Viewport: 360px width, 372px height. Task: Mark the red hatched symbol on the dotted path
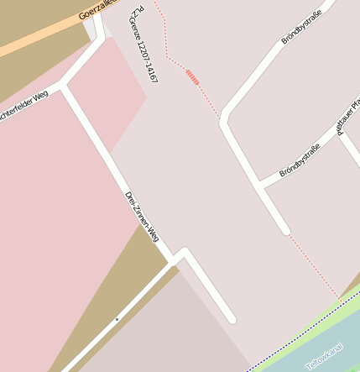tap(193, 78)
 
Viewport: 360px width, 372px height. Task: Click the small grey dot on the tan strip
tap(117, 320)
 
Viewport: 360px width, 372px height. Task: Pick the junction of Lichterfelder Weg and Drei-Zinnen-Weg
tap(65, 86)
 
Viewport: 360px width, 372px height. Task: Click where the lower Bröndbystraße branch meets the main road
tap(261, 184)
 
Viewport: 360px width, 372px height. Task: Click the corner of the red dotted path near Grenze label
tap(167, 57)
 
